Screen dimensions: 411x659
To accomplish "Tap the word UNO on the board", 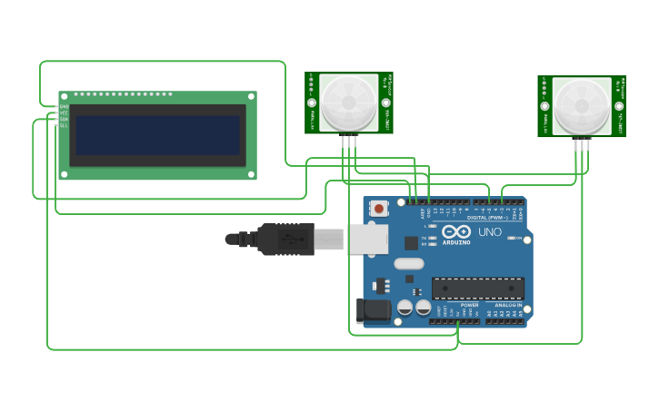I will coord(490,232).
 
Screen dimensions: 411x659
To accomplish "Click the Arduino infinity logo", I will coord(456,231).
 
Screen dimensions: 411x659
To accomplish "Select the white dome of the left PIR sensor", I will coord(348,102).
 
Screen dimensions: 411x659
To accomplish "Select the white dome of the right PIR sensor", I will coord(582,105).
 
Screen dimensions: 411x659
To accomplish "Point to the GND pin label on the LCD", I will coord(64,107).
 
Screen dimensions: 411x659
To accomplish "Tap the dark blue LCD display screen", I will coord(157,134).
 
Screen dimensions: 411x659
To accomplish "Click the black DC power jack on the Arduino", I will coord(372,310).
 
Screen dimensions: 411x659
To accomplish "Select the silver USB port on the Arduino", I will coord(367,239).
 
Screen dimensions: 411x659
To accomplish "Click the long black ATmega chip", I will coord(478,289).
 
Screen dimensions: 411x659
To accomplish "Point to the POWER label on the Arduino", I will coord(469,305).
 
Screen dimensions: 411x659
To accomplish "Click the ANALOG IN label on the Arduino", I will coord(509,305).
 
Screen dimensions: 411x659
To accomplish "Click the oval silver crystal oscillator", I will coord(409,264).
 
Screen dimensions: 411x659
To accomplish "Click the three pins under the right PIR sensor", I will coord(582,143).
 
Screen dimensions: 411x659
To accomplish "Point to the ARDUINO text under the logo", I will coord(457,242).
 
